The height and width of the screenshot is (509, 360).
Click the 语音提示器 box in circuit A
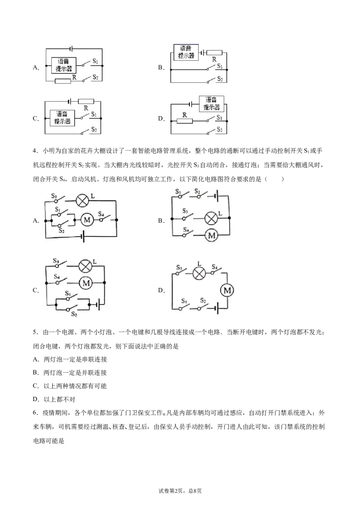(x=64, y=65)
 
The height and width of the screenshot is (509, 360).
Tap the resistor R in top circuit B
(x=215, y=53)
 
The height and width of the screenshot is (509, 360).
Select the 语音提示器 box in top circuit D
(x=211, y=103)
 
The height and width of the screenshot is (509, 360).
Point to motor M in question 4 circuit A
(x=87, y=220)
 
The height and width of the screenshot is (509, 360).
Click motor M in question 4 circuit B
(x=211, y=235)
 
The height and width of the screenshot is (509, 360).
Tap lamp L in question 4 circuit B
(x=211, y=218)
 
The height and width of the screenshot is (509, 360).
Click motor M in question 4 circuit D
(x=227, y=290)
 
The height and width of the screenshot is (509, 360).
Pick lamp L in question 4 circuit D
(x=199, y=273)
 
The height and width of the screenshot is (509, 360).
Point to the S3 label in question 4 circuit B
(x=185, y=211)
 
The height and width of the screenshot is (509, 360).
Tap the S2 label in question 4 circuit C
(x=74, y=314)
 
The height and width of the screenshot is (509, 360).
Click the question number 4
(x=35, y=151)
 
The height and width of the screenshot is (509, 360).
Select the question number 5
(x=35, y=332)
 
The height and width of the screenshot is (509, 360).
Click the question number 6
(x=35, y=413)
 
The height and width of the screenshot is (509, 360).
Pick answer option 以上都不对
(x=59, y=399)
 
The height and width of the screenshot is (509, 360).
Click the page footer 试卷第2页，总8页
(x=180, y=491)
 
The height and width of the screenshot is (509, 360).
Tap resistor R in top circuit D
(x=184, y=121)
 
